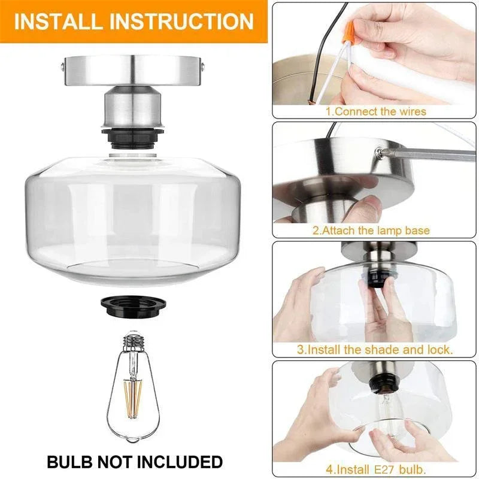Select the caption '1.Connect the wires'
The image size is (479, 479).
[375, 111]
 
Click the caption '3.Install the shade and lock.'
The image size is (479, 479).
[375, 349]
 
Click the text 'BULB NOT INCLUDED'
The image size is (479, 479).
[135, 462]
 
